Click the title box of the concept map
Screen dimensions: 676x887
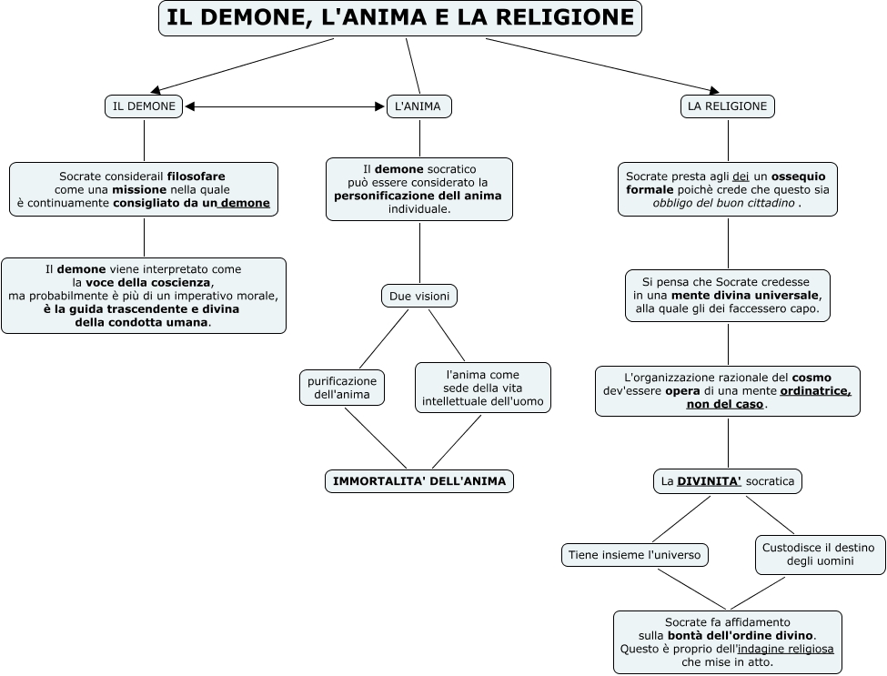coord(400,18)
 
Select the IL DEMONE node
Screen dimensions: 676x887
coord(144,106)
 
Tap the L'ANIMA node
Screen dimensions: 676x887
coord(418,106)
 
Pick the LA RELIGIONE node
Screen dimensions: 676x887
coord(727,106)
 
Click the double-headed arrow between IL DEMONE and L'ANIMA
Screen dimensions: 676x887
coord(285,107)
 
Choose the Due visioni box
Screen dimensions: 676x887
coord(418,297)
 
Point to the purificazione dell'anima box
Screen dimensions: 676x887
coord(342,388)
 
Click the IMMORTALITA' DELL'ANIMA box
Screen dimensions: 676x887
coord(419,481)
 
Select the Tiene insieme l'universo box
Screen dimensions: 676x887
coord(635,554)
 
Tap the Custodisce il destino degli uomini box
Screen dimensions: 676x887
coord(820,554)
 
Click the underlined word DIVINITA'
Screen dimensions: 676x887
coord(709,481)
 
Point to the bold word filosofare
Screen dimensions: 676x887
coord(197,176)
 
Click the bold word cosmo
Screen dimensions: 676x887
coord(811,377)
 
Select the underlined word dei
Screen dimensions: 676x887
coord(741,176)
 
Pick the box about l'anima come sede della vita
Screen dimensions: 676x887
coord(482,388)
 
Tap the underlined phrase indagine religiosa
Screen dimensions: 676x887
coord(786,649)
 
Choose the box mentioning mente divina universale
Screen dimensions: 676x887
coord(728,296)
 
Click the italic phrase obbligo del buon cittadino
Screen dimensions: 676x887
coord(724,203)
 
